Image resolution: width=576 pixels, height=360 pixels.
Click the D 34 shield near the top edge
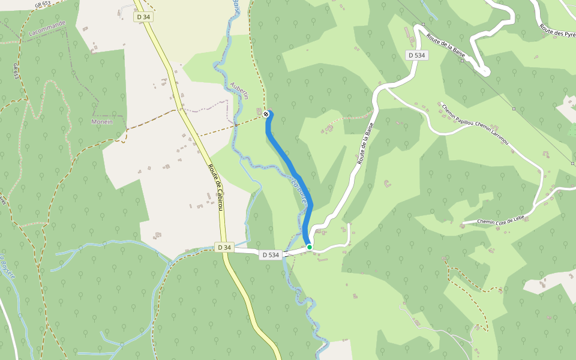pyautogui.click(x=143, y=17)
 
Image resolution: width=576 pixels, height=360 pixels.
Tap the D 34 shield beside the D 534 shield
pyautogui.click(x=224, y=247)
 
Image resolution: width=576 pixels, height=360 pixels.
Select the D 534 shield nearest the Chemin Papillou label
pyautogui.click(x=416, y=55)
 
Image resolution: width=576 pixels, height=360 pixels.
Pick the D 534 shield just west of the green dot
pyautogui.click(x=270, y=255)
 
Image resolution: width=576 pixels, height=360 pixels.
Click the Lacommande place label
pyautogui.click(x=47, y=28)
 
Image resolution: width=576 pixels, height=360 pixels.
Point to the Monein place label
pyautogui.click(x=101, y=121)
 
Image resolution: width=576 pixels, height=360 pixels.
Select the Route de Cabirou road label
pyautogui.click(x=215, y=187)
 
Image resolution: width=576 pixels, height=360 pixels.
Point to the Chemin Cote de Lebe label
pyautogui.click(x=502, y=221)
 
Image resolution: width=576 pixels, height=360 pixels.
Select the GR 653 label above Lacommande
pyautogui.click(x=43, y=4)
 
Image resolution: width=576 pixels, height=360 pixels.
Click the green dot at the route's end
pyautogui.click(x=310, y=247)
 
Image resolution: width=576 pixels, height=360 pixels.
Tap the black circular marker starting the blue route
pyautogui.click(x=266, y=113)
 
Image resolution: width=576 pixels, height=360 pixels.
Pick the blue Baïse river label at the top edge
pyautogui.click(x=238, y=7)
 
